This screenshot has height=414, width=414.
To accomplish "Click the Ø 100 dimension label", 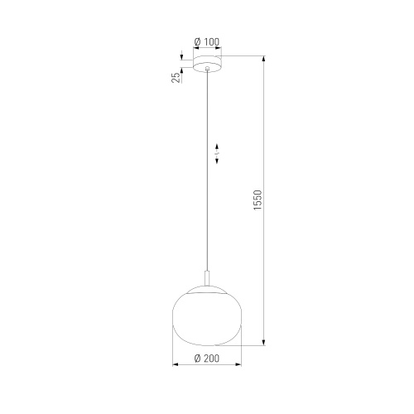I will point(206,42).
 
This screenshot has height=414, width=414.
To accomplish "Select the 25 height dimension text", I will point(176,79).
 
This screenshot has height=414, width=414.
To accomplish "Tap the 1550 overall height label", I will point(258,201).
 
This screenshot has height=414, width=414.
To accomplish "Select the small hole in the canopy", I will point(207,70).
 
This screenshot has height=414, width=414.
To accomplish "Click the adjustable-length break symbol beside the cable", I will point(217,155).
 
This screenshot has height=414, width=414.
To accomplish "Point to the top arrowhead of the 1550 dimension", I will point(264,59).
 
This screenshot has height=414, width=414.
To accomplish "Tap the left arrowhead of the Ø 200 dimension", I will point(175,365).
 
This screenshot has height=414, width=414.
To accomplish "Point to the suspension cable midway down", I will point(207,174).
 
